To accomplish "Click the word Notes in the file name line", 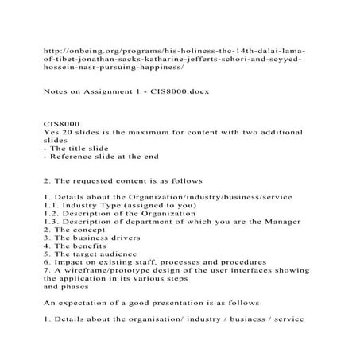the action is [55, 92].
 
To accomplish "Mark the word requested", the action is [93, 180].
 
